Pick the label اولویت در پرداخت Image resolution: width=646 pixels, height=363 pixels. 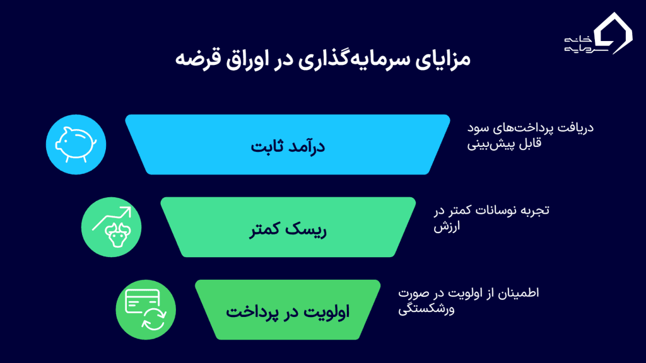288,311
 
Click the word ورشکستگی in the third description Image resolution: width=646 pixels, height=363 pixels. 426,310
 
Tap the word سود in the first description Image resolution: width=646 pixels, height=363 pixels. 478,128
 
